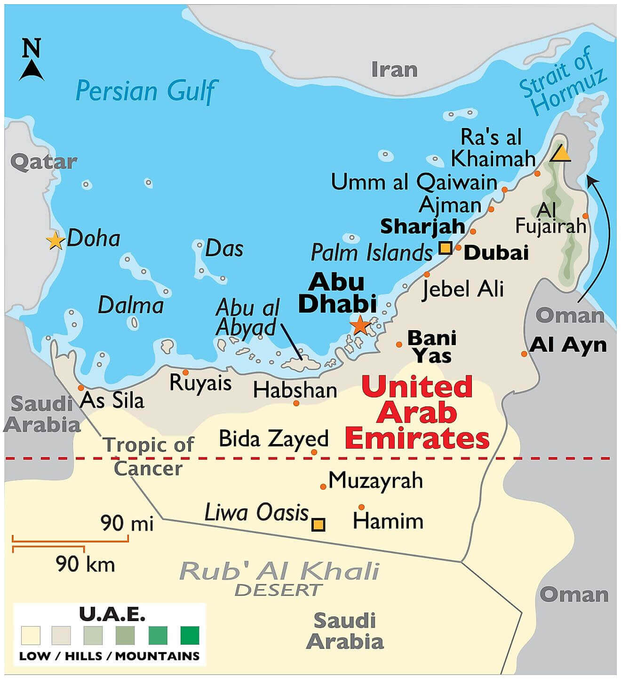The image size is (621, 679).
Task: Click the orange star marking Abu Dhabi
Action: tap(360, 325)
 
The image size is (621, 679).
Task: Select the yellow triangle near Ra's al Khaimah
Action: tap(561, 154)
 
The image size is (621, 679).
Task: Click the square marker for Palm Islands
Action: tap(445, 248)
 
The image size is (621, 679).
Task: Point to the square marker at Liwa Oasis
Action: tap(318, 524)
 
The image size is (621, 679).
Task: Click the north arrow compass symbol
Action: tap(32, 61)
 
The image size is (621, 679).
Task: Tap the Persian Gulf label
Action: tap(146, 91)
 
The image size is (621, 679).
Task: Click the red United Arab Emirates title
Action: tap(416, 413)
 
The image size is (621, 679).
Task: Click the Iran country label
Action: tap(394, 70)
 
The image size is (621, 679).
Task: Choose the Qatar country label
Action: tap(43, 162)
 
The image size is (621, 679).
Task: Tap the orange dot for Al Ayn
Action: tap(524, 354)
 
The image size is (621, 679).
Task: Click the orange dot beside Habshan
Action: tap(296, 403)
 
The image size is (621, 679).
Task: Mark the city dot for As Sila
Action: tap(81, 388)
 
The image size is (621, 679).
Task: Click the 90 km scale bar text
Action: tap(85, 564)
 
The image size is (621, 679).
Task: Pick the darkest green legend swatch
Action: tap(190, 635)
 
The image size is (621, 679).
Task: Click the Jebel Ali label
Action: tap(463, 288)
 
